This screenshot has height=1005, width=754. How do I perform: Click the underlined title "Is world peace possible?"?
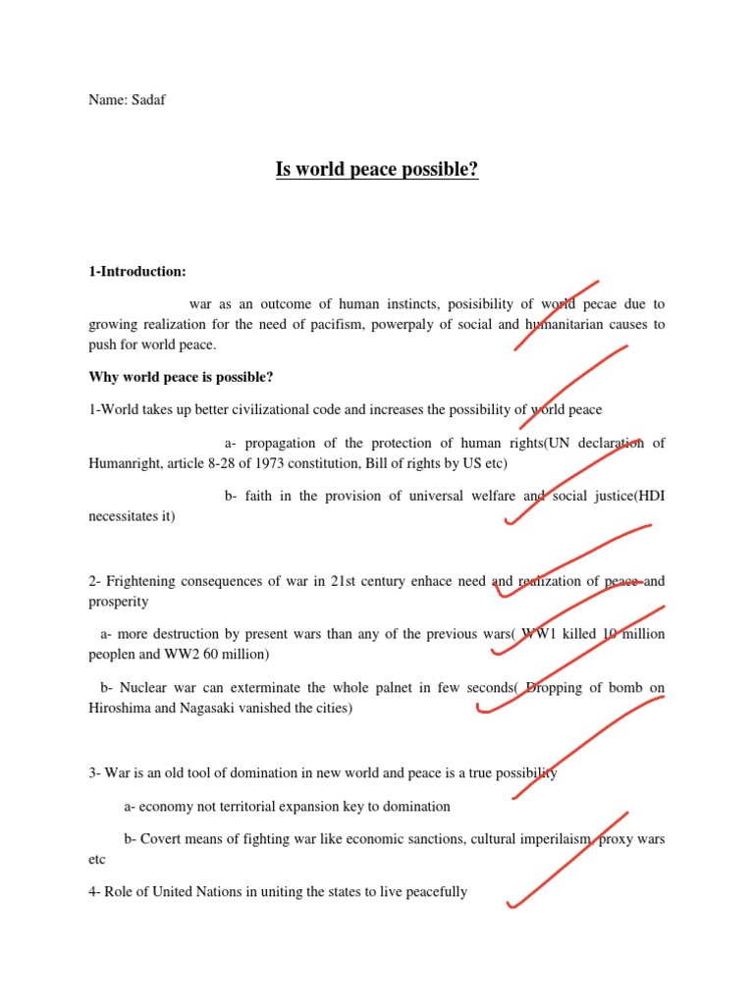(x=377, y=171)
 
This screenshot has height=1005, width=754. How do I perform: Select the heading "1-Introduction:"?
(x=137, y=271)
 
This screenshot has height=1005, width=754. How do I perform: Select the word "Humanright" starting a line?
(x=123, y=463)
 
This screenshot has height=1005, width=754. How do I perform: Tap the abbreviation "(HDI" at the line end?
(x=649, y=497)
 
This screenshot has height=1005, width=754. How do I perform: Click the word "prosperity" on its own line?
(x=119, y=601)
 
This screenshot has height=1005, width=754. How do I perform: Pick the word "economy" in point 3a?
(x=166, y=807)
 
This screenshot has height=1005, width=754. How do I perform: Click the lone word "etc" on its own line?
(x=97, y=859)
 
